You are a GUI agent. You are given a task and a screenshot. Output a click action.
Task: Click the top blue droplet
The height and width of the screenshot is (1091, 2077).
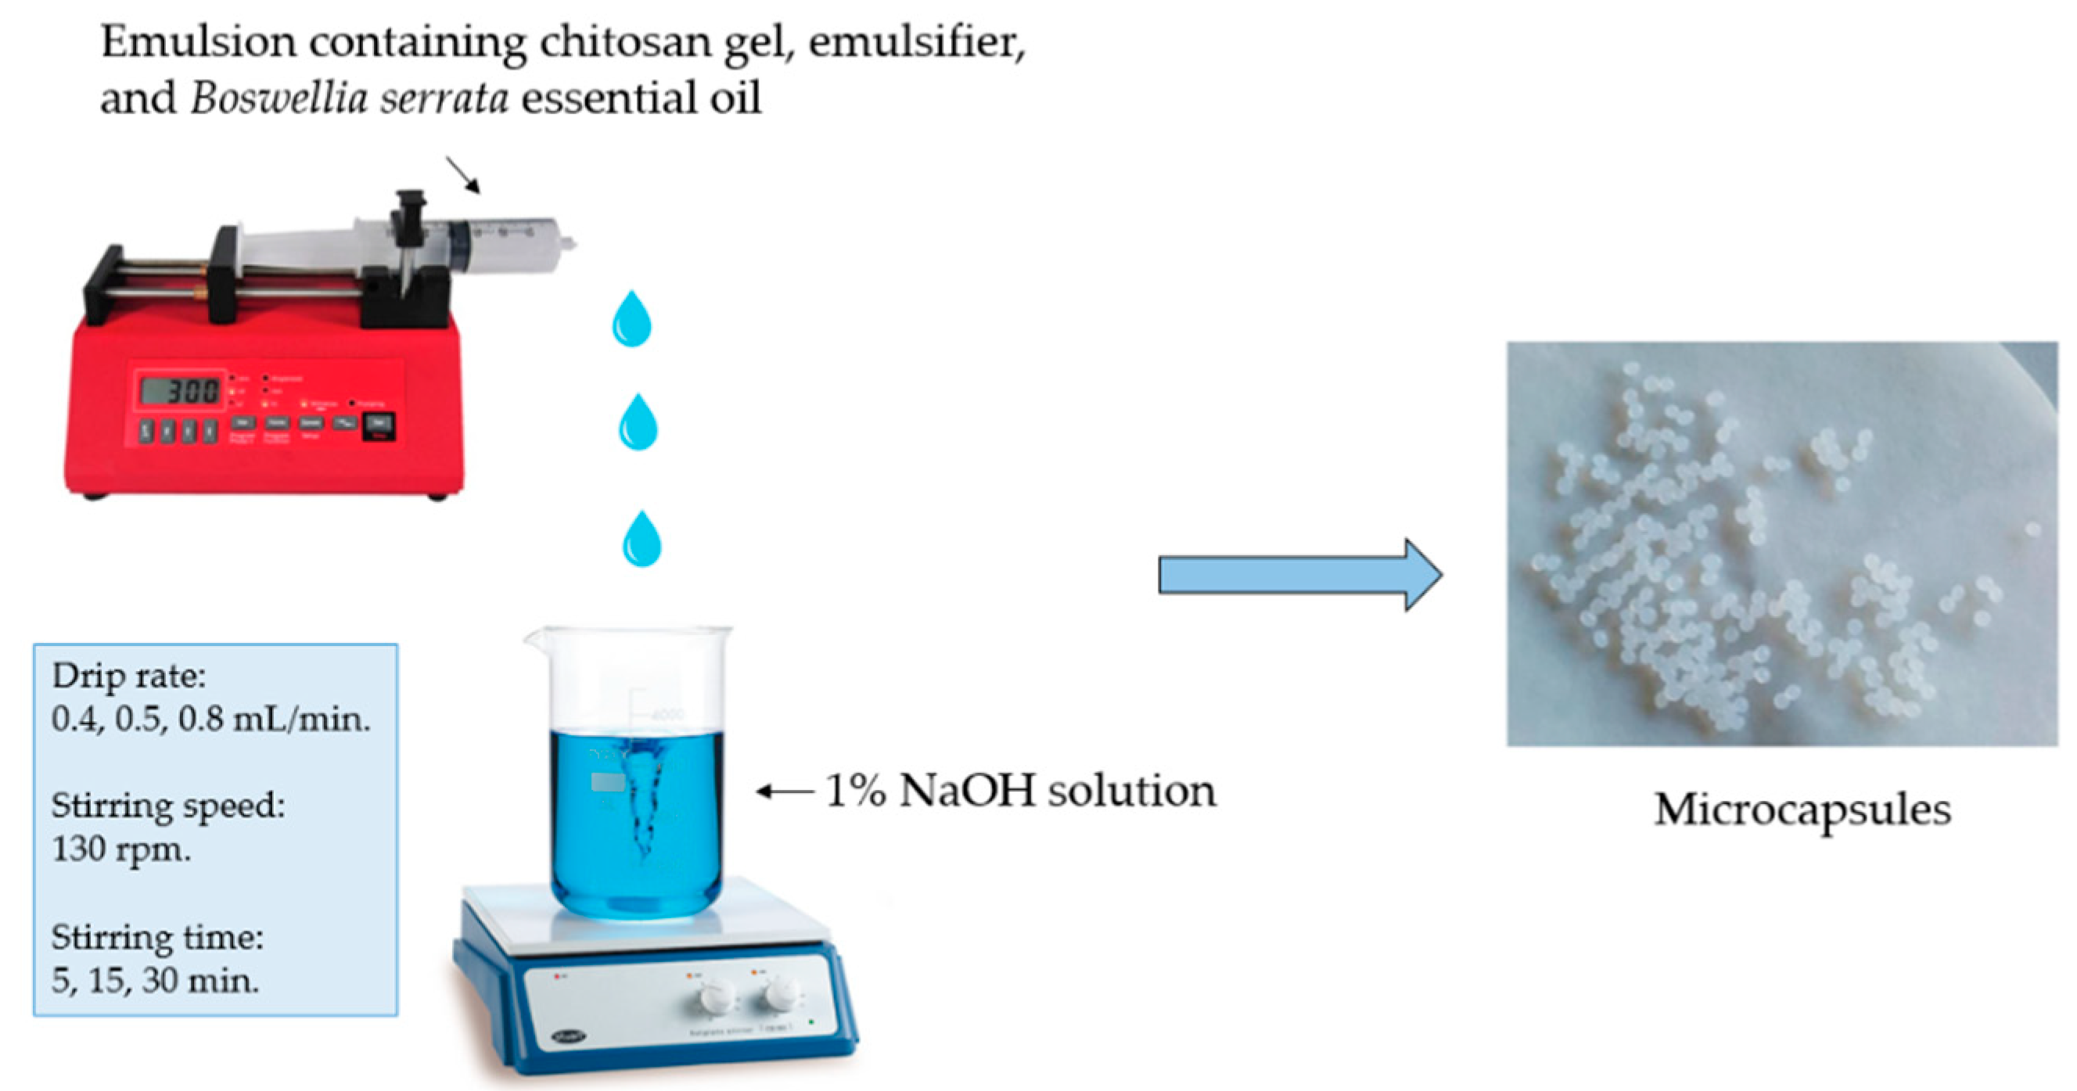(631, 320)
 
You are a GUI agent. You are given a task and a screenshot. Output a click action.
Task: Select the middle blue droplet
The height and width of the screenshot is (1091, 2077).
(638, 422)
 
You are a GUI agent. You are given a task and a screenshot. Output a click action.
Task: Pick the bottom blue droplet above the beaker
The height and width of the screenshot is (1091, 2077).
(641, 540)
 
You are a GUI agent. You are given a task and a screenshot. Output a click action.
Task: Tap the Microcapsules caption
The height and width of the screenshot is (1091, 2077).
(1802, 809)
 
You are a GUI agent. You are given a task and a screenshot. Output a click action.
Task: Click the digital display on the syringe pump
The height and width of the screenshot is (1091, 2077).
(180, 392)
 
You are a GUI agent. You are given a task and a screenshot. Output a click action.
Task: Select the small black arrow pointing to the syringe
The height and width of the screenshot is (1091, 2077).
(464, 175)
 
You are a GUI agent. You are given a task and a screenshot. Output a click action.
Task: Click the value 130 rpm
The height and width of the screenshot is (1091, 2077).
(121, 849)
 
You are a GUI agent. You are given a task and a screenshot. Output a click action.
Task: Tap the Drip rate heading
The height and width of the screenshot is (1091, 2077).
(129, 676)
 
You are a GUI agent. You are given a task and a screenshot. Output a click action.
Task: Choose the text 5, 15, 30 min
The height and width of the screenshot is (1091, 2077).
(155, 980)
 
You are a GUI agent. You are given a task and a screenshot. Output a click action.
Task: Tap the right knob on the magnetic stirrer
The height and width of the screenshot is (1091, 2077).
(780, 993)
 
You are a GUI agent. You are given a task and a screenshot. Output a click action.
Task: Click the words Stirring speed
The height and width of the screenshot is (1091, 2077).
(167, 805)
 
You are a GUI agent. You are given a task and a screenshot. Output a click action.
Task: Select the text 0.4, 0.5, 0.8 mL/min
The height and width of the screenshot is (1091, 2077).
(210, 719)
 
